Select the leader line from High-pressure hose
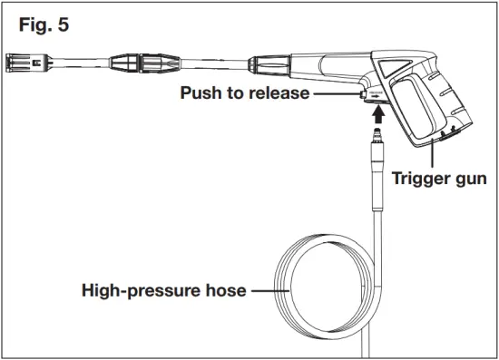pos(269,291)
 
